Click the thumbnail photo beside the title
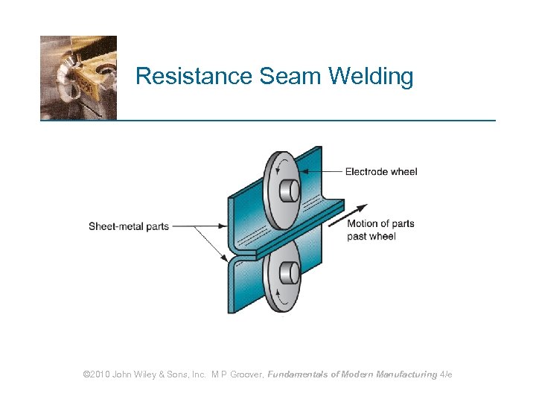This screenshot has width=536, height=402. coord(78,77)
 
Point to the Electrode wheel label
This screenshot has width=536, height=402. coord(381,172)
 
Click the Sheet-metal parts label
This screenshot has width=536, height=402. coord(129,226)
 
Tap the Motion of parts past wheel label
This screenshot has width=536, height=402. coord(380,229)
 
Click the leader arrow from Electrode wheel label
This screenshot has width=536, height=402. coord(320,172)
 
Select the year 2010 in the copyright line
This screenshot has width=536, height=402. coord(98,374)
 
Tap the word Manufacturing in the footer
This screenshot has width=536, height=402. coord(406,374)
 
